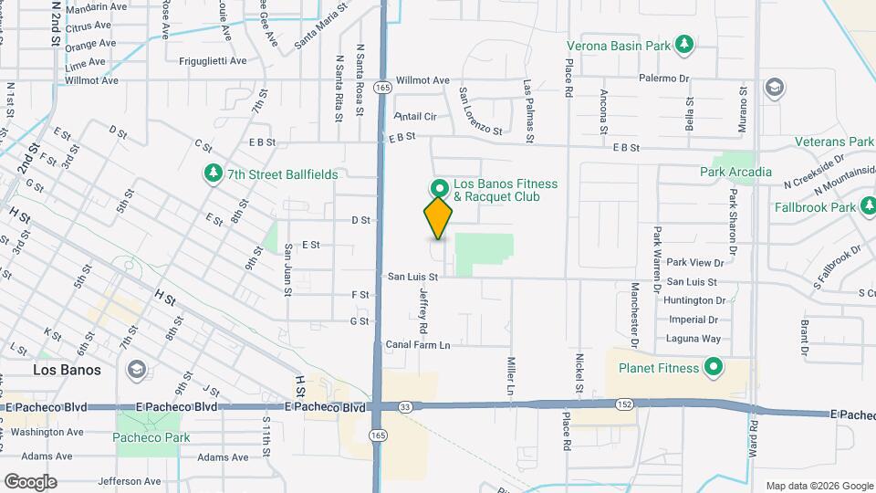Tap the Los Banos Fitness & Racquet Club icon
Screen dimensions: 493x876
tap(438, 188)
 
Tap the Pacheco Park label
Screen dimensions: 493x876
tap(151, 437)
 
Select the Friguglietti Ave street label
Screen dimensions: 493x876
tap(214, 61)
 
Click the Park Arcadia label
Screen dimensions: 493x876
tap(735, 172)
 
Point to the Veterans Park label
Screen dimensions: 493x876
tap(834, 142)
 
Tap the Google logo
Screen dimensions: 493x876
tap(30, 481)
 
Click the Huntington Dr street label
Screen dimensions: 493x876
tap(695, 300)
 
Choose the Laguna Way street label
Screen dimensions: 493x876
tap(693, 339)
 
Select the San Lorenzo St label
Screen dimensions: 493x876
tap(480, 111)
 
